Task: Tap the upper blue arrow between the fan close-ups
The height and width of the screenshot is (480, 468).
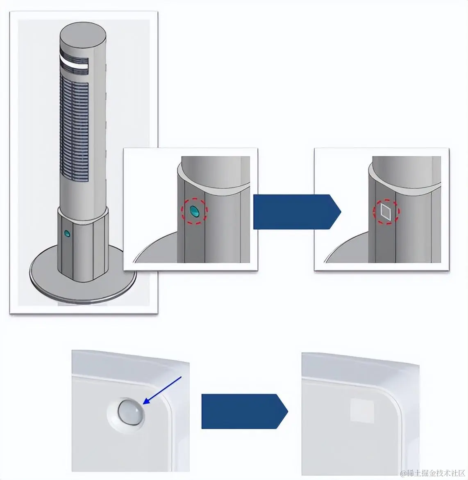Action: coord(297,212)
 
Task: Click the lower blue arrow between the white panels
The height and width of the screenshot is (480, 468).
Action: coord(244,411)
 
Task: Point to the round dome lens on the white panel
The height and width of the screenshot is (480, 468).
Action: coord(131,411)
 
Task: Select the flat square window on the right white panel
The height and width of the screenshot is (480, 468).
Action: coord(362,410)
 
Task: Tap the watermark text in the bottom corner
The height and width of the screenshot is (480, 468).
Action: coord(432,473)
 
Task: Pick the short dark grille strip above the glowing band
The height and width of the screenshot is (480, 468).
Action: coord(74,55)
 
